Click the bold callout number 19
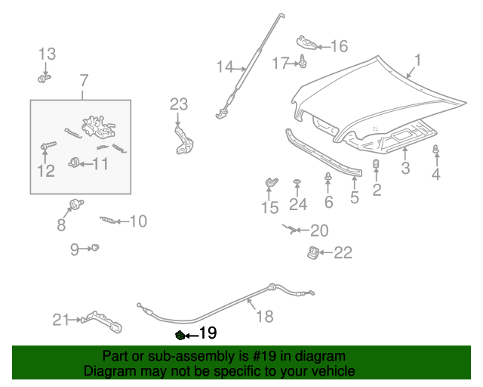(208, 333)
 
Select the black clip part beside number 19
(180, 334)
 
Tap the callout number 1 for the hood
(417, 59)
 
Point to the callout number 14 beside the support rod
(225, 67)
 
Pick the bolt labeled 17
(303, 61)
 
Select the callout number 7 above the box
(84, 79)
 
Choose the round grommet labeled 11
(75, 161)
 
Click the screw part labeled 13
(44, 77)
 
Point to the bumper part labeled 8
(75, 203)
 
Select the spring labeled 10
(110, 221)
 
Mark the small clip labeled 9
(96, 247)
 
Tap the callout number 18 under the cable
(264, 316)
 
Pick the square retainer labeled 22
(312, 252)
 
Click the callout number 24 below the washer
(298, 204)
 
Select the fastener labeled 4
(436, 152)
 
